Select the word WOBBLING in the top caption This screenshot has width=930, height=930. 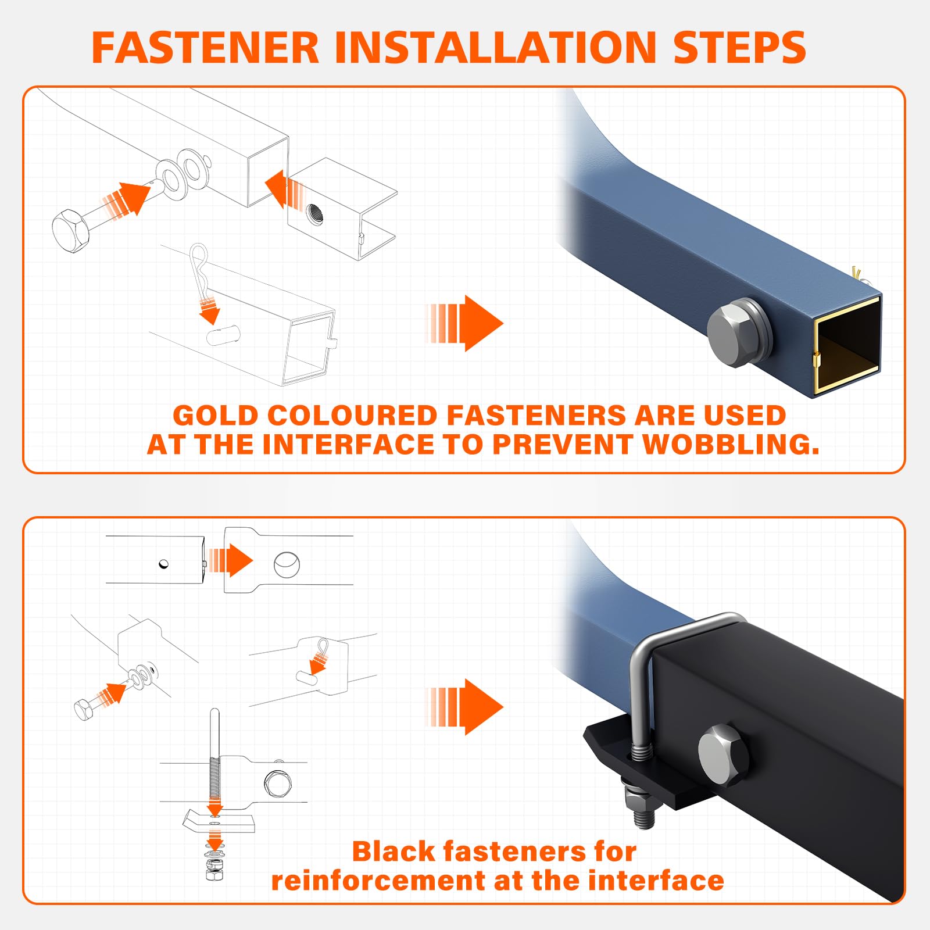coord(731,445)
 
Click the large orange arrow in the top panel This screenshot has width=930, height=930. coord(464,323)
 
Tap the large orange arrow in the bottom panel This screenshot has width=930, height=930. coord(464,707)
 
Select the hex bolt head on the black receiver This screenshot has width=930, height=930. coord(724,756)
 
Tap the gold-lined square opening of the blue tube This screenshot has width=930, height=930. coord(847,345)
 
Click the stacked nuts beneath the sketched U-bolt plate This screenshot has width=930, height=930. coord(214,865)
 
